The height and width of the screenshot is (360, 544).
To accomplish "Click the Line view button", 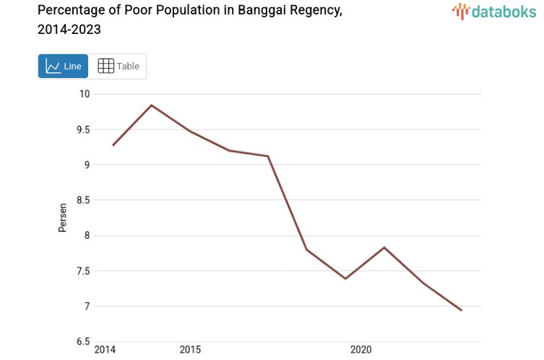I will click(x=63, y=67).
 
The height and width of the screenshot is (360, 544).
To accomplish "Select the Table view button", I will click(x=118, y=67).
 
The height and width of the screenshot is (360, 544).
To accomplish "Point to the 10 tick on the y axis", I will click(x=85, y=94).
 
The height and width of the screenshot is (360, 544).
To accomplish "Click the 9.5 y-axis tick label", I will click(x=83, y=129).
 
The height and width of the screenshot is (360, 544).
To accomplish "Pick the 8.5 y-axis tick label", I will click(x=83, y=200).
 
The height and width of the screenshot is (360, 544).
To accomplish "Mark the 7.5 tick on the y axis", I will click(x=83, y=271).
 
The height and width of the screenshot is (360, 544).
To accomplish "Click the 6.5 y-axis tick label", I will click(x=83, y=342).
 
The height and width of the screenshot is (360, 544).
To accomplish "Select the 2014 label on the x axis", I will click(x=105, y=350).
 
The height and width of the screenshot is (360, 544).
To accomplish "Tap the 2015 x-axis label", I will click(x=190, y=350).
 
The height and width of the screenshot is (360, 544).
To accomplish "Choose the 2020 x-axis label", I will click(x=360, y=350).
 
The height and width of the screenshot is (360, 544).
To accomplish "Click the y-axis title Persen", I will click(x=63, y=218).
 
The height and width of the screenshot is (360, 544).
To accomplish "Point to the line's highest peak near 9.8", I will click(x=151, y=106).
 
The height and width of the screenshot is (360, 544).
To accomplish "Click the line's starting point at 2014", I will click(x=113, y=145).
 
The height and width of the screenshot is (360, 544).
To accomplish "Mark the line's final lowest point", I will click(x=461, y=310).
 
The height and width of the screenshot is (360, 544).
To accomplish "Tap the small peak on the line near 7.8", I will click(x=384, y=247).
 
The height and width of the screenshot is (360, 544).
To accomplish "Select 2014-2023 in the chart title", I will click(x=69, y=30).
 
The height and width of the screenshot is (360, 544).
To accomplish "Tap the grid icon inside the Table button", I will click(x=105, y=67).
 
